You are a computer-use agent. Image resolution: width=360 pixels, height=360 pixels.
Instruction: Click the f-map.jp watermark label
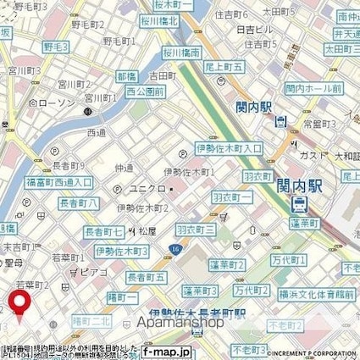165,351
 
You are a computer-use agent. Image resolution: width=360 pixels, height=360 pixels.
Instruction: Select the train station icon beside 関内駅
299,205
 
